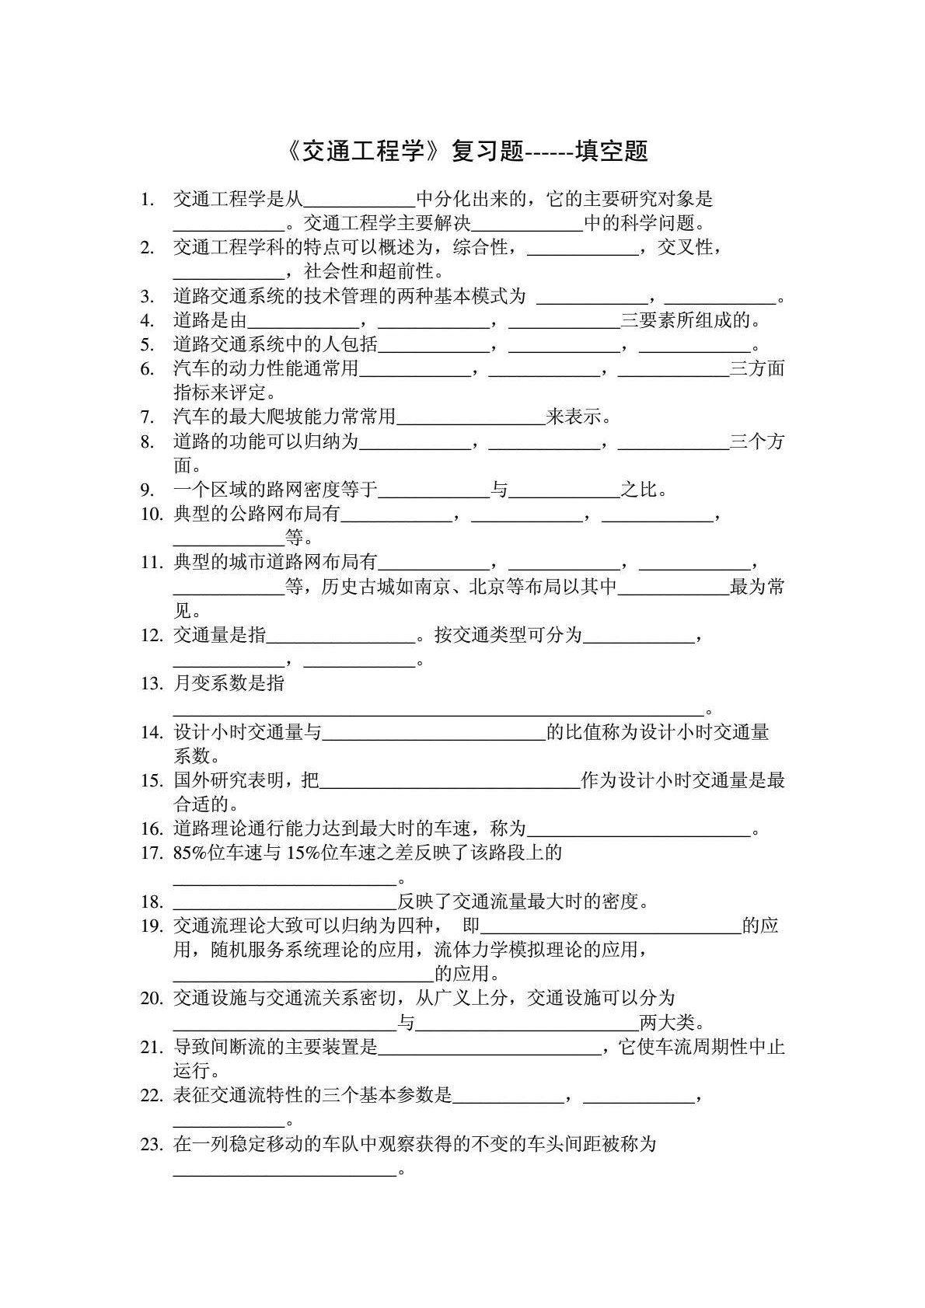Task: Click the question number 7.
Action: (147, 417)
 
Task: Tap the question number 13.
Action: (151, 685)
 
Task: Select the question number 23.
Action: (151, 1145)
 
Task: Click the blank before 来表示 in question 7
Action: (470, 418)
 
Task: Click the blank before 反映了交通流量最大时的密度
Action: (284, 902)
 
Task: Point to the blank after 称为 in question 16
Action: (639, 830)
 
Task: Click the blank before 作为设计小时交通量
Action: (450, 781)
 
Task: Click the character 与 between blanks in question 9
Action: (499, 490)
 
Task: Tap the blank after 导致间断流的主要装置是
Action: (489, 1048)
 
